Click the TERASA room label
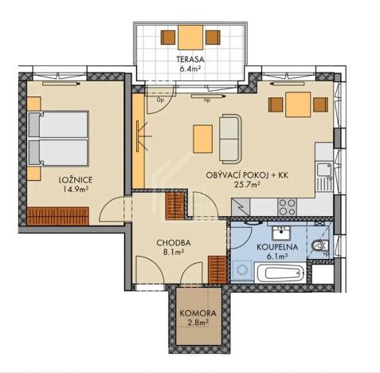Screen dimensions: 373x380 pos(189,58)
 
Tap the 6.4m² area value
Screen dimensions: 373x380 pos(189,69)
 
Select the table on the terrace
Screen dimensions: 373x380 pos(190,37)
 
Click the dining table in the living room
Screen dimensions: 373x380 pos(298,104)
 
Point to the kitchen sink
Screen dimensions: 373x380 pos(324,170)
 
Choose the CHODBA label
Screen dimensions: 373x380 pos(173,242)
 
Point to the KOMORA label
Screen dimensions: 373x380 pos(194,313)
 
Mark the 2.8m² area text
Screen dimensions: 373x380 pos(194,324)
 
